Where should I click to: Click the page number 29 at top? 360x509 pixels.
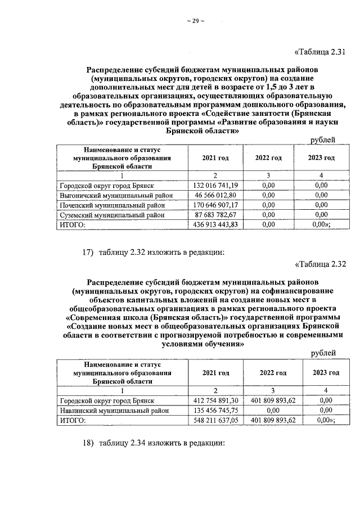coord(195,21)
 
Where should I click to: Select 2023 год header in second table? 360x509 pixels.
coord(323,372)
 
